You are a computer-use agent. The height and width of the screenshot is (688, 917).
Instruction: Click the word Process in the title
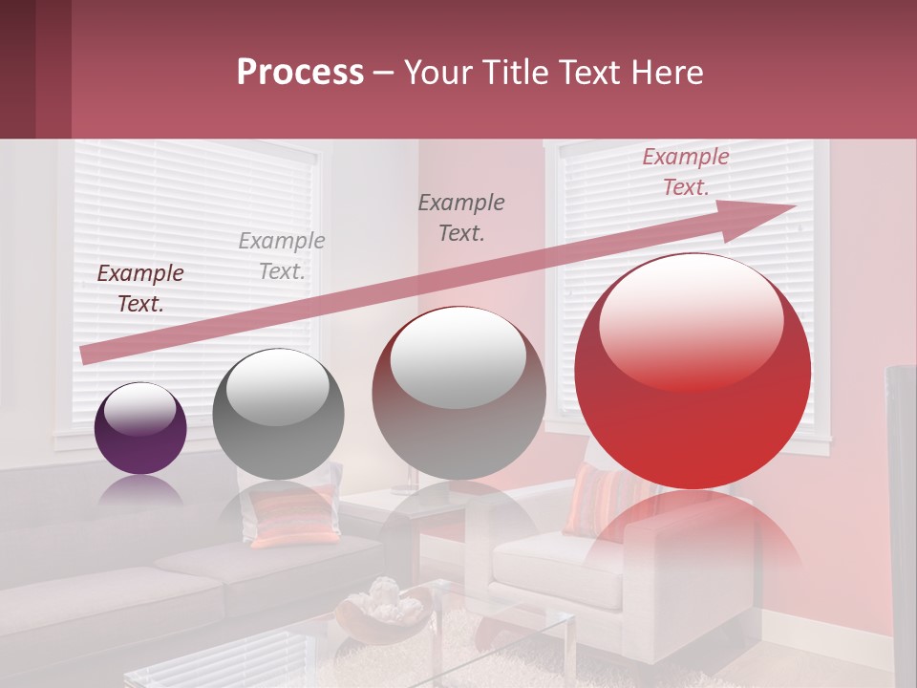click(300, 73)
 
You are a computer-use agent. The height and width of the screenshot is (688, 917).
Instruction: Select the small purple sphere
click(140, 428)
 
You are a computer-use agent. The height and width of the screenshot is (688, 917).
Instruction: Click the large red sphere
click(693, 382)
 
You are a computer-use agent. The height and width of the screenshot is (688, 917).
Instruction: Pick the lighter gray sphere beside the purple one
click(278, 414)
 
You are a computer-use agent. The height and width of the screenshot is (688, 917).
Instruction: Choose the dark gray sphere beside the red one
click(458, 394)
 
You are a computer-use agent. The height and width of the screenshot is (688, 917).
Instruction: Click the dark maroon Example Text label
click(140, 289)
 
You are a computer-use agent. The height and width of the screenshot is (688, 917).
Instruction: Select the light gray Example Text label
click(282, 256)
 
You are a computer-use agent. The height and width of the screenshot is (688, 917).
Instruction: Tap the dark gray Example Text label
click(461, 217)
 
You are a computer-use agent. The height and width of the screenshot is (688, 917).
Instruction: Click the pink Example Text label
click(685, 172)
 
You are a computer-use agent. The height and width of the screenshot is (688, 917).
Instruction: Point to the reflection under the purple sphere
click(140, 492)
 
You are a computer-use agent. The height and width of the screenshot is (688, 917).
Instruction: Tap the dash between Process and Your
click(384, 74)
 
